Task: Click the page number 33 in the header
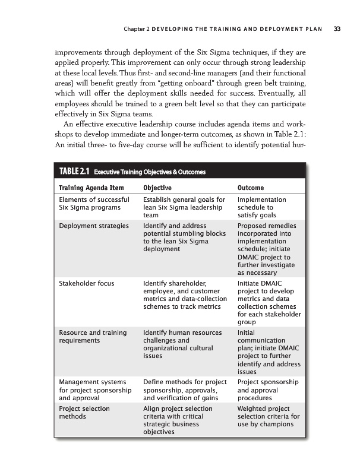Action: (337, 27)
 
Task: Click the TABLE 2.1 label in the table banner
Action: (74, 172)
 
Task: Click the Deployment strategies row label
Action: (94, 226)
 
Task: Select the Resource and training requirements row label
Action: (93, 337)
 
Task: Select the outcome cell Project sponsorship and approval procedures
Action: (264, 386)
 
